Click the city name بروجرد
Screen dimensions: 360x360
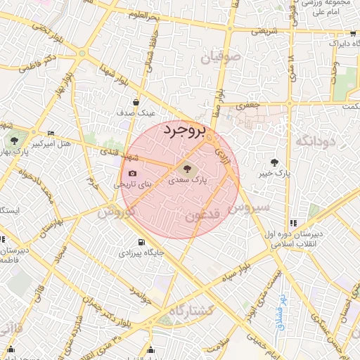[x=186, y=131]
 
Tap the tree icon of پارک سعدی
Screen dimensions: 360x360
[x=187, y=168]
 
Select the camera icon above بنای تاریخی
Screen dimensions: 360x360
[x=132, y=174]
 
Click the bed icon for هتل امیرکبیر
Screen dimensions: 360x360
[x=51, y=133]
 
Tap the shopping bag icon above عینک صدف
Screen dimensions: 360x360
[x=136, y=102]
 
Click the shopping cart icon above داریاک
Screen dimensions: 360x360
[x=351, y=33]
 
